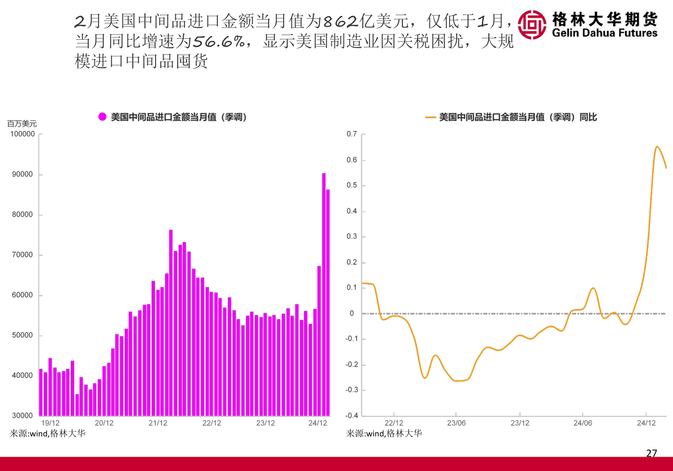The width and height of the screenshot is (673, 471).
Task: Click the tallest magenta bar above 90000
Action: coord(323,294)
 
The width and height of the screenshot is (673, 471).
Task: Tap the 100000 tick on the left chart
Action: coord(22,134)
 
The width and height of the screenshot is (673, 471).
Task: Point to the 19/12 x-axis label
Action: coord(50,423)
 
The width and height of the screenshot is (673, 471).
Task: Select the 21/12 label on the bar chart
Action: coord(158,423)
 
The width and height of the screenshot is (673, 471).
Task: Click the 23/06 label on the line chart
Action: coord(456,423)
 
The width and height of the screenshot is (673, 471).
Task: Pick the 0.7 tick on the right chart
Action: coord(351,134)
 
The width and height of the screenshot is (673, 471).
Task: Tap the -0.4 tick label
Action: coord(351,415)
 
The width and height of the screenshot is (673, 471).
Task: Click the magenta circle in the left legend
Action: coord(102,117)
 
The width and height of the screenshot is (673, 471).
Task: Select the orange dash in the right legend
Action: coord(430,117)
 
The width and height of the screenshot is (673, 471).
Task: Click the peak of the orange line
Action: coord(657,147)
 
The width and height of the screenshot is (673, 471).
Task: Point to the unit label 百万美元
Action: coord(22,124)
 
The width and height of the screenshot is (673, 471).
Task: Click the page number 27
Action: coord(652,453)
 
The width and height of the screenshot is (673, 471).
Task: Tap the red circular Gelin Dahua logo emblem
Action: coord(532,24)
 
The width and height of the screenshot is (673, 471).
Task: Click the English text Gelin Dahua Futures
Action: coord(604,33)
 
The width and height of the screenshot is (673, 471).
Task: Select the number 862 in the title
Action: coord(340,21)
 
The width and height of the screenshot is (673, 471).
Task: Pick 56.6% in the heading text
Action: coord(219,42)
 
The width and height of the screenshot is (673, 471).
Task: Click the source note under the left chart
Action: coord(48,434)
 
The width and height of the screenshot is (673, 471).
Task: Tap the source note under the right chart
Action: coord(384,434)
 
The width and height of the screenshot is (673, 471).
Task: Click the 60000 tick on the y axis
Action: coord(22,295)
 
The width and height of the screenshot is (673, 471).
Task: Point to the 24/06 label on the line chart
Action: coord(583,423)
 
